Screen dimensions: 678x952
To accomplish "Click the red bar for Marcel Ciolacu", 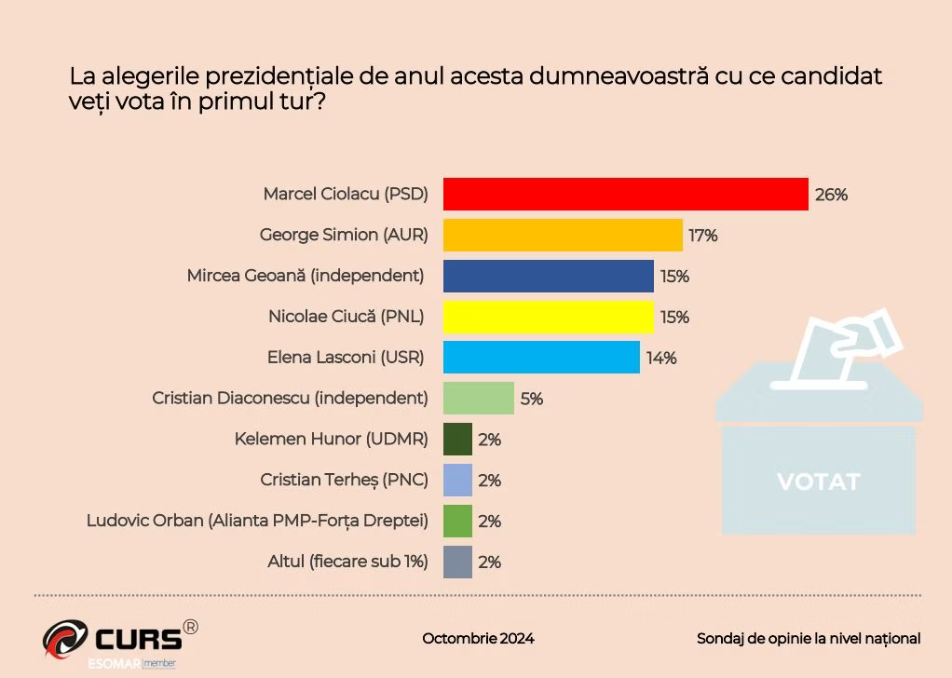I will pyautogui.click(x=625, y=194).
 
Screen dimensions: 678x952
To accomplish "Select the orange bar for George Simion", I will pyautogui.click(x=562, y=235).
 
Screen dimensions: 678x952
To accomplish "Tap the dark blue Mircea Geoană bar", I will pyautogui.click(x=548, y=276).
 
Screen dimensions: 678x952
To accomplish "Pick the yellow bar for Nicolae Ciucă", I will pyautogui.click(x=548, y=317).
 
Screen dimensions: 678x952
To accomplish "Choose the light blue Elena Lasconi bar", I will pyautogui.click(x=541, y=358).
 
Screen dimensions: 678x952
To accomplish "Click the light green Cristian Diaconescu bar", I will pyautogui.click(x=478, y=399).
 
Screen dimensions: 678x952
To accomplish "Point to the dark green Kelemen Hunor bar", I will pyautogui.click(x=457, y=440).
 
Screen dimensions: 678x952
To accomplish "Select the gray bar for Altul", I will pyautogui.click(x=457, y=563).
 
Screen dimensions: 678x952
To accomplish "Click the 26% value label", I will pyautogui.click(x=831, y=195).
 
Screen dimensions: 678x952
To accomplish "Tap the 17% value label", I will pyautogui.click(x=702, y=236).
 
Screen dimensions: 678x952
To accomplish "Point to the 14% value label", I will pyautogui.click(x=661, y=359).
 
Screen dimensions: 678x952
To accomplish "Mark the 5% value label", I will pyautogui.click(x=531, y=400).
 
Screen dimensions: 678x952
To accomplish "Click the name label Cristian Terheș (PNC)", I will pyautogui.click(x=344, y=481).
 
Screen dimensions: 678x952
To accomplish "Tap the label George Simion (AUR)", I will pyautogui.click(x=343, y=236).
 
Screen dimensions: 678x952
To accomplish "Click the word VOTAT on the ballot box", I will pyautogui.click(x=819, y=481).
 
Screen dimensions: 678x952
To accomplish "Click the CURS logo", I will pyautogui.click(x=119, y=639).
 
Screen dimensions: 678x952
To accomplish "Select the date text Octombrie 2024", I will pyautogui.click(x=478, y=639).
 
